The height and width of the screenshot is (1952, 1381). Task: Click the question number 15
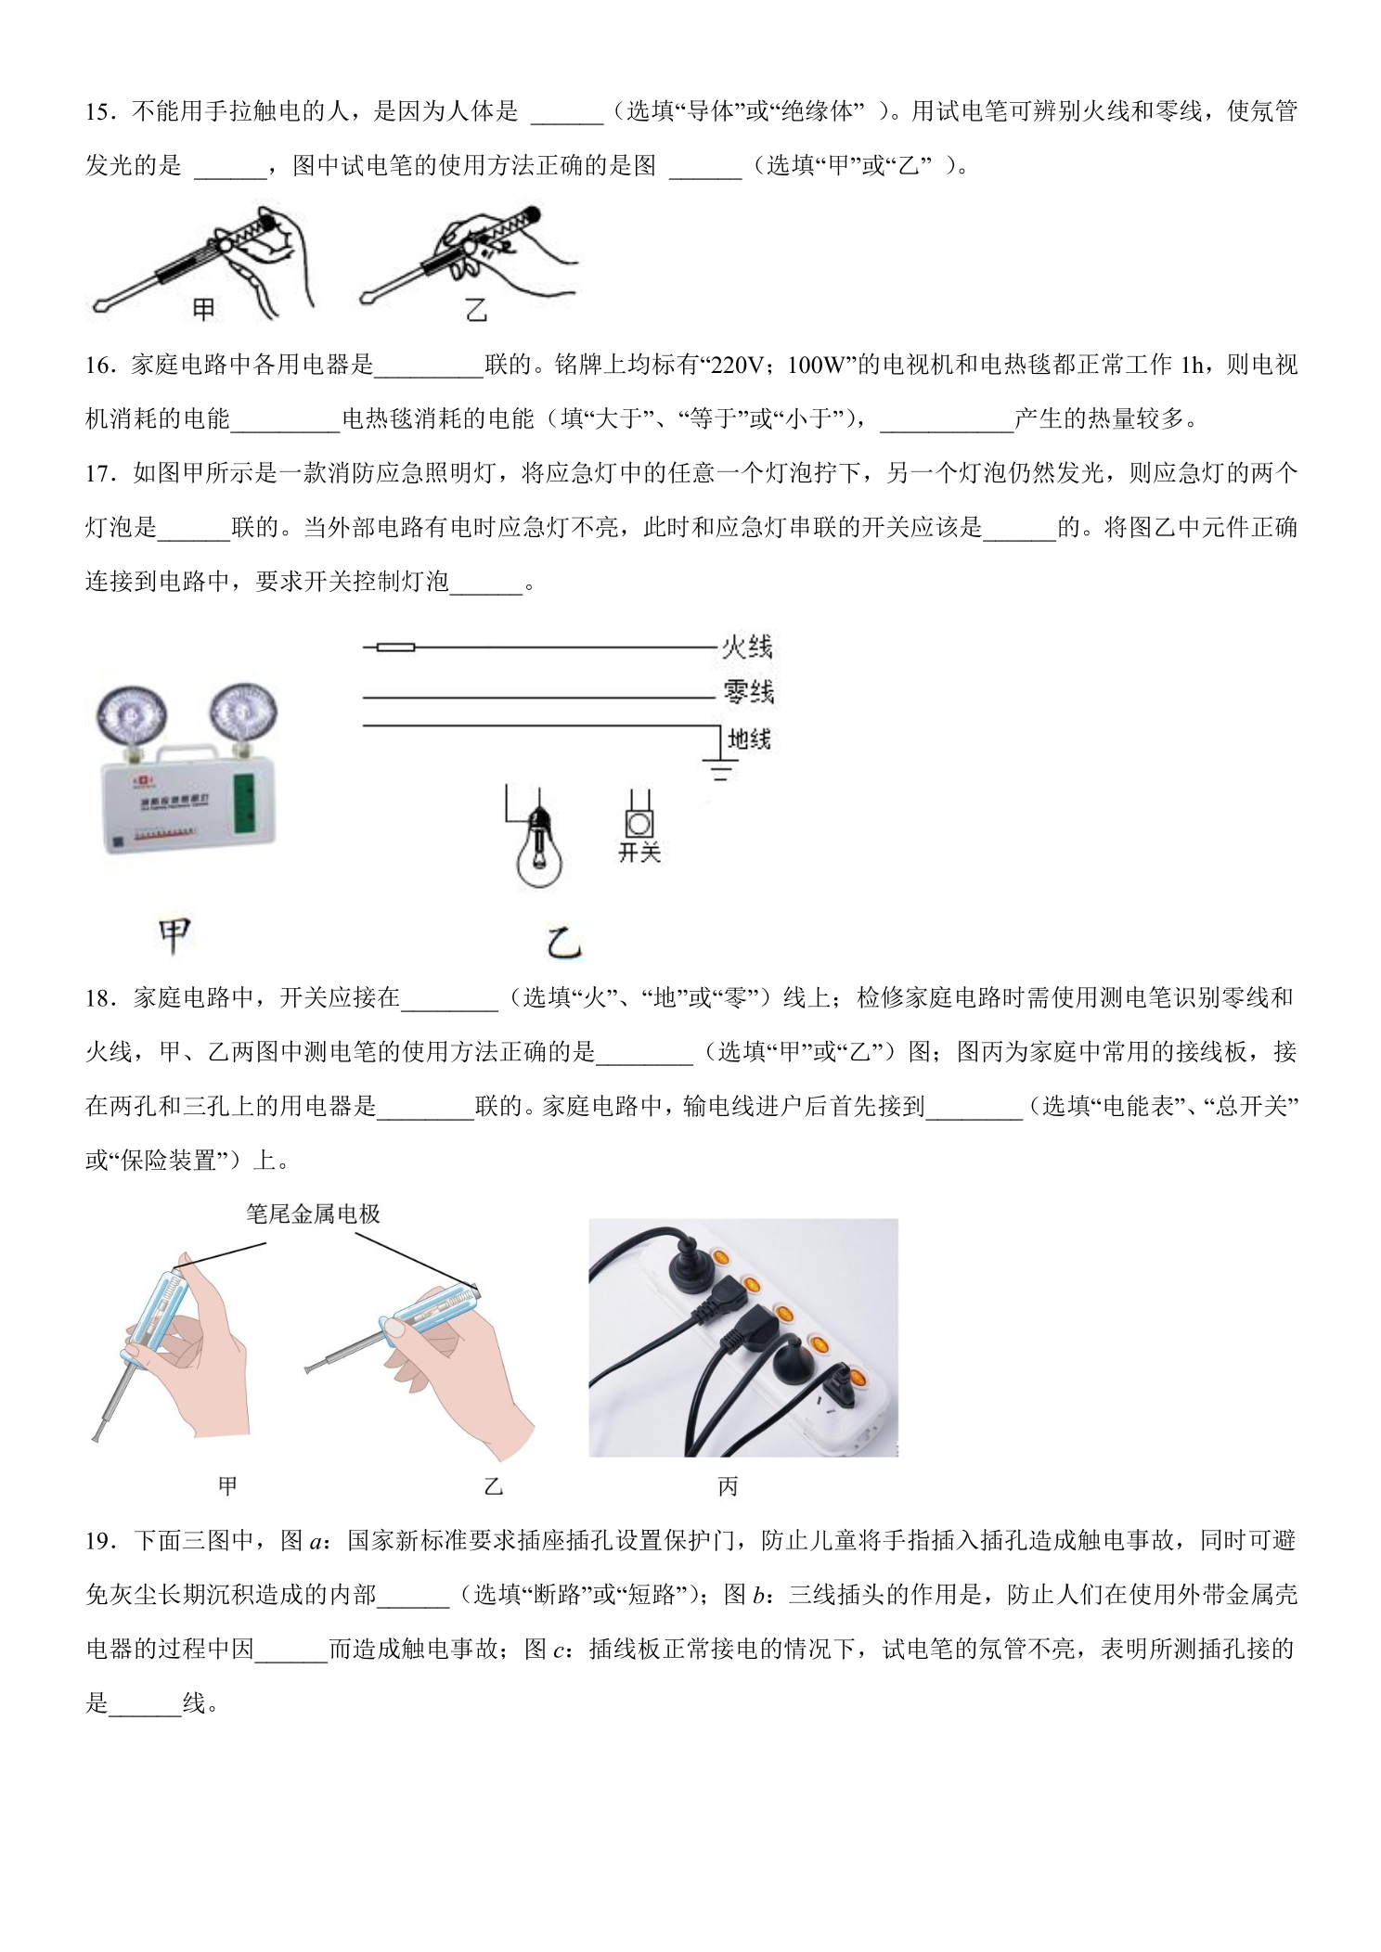(97, 112)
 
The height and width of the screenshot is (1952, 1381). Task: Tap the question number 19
(97, 1541)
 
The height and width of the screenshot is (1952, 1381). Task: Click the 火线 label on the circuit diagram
(747, 647)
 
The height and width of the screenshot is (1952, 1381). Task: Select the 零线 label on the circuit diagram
(748, 692)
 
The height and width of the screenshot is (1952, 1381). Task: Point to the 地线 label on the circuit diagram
(749, 738)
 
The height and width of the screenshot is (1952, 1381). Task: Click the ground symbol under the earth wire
(719, 766)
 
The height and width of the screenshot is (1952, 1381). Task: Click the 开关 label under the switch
(639, 853)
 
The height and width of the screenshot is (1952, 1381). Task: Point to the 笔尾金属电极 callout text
(314, 1214)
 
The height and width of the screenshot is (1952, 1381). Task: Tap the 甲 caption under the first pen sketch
(203, 309)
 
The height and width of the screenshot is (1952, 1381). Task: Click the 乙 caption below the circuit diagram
(562, 944)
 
